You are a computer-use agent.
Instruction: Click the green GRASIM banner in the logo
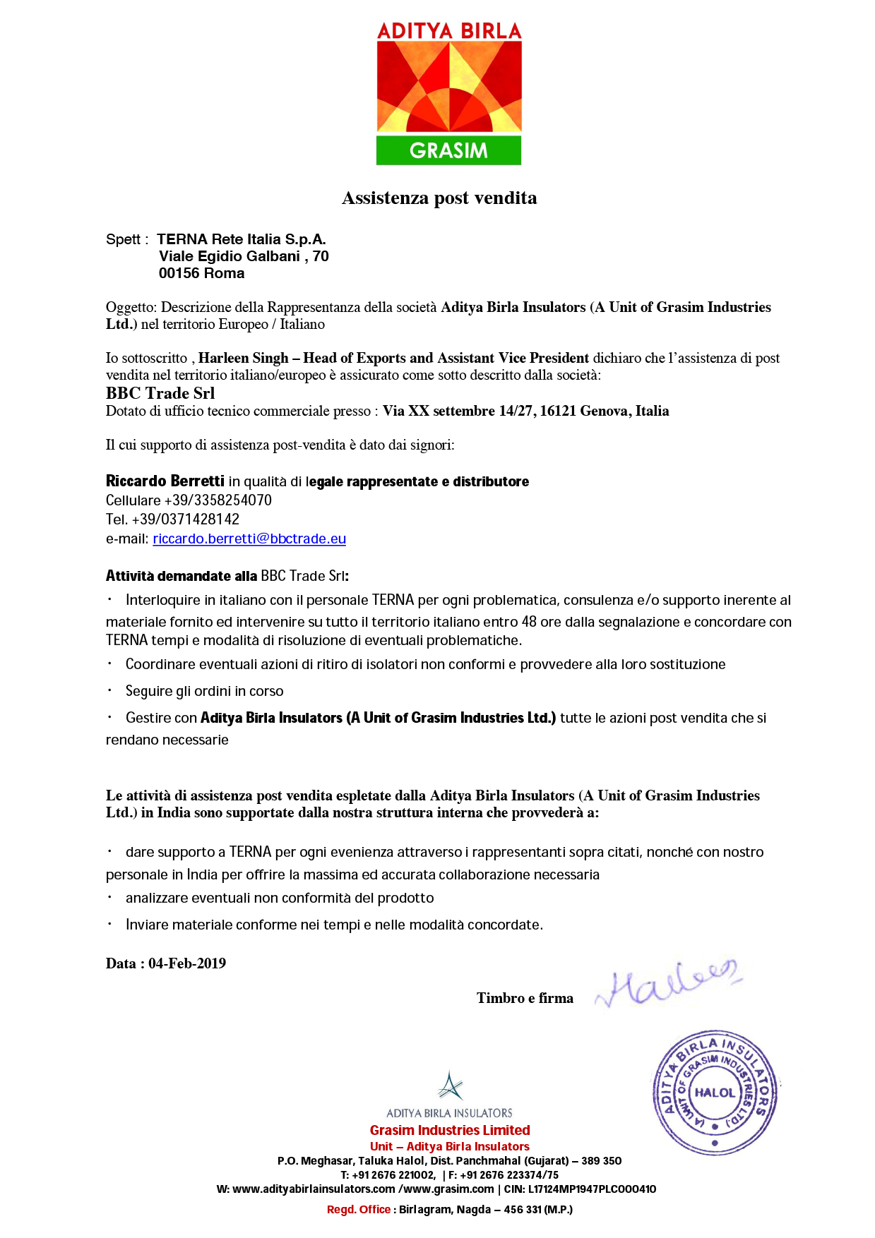(x=448, y=150)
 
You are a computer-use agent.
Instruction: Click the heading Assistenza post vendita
(x=439, y=198)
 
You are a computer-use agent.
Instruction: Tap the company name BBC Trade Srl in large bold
(x=160, y=393)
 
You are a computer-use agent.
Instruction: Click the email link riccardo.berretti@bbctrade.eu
(x=249, y=539)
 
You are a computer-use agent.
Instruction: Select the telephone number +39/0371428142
(x=185, y=519)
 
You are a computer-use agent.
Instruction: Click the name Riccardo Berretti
(x=165, y=481)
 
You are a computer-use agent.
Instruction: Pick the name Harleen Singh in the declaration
(x=243, y=359)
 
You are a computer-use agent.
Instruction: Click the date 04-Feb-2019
(x=187, y=964)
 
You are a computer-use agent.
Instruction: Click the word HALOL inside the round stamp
(x=715, y=1093)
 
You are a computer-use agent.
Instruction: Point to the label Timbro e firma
(x=525, y=998)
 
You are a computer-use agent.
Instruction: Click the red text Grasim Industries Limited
(x=450, y=1130)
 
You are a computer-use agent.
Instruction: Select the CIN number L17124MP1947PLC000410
(x=592, y=1189)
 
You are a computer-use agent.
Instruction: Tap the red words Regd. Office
(x=359, y=1210)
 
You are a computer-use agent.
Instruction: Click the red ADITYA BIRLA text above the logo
(x=449, y=32)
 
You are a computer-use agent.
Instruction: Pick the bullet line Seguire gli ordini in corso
(x=204, y=692)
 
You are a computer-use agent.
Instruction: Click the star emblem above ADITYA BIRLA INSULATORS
(x=449, y=1086)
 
